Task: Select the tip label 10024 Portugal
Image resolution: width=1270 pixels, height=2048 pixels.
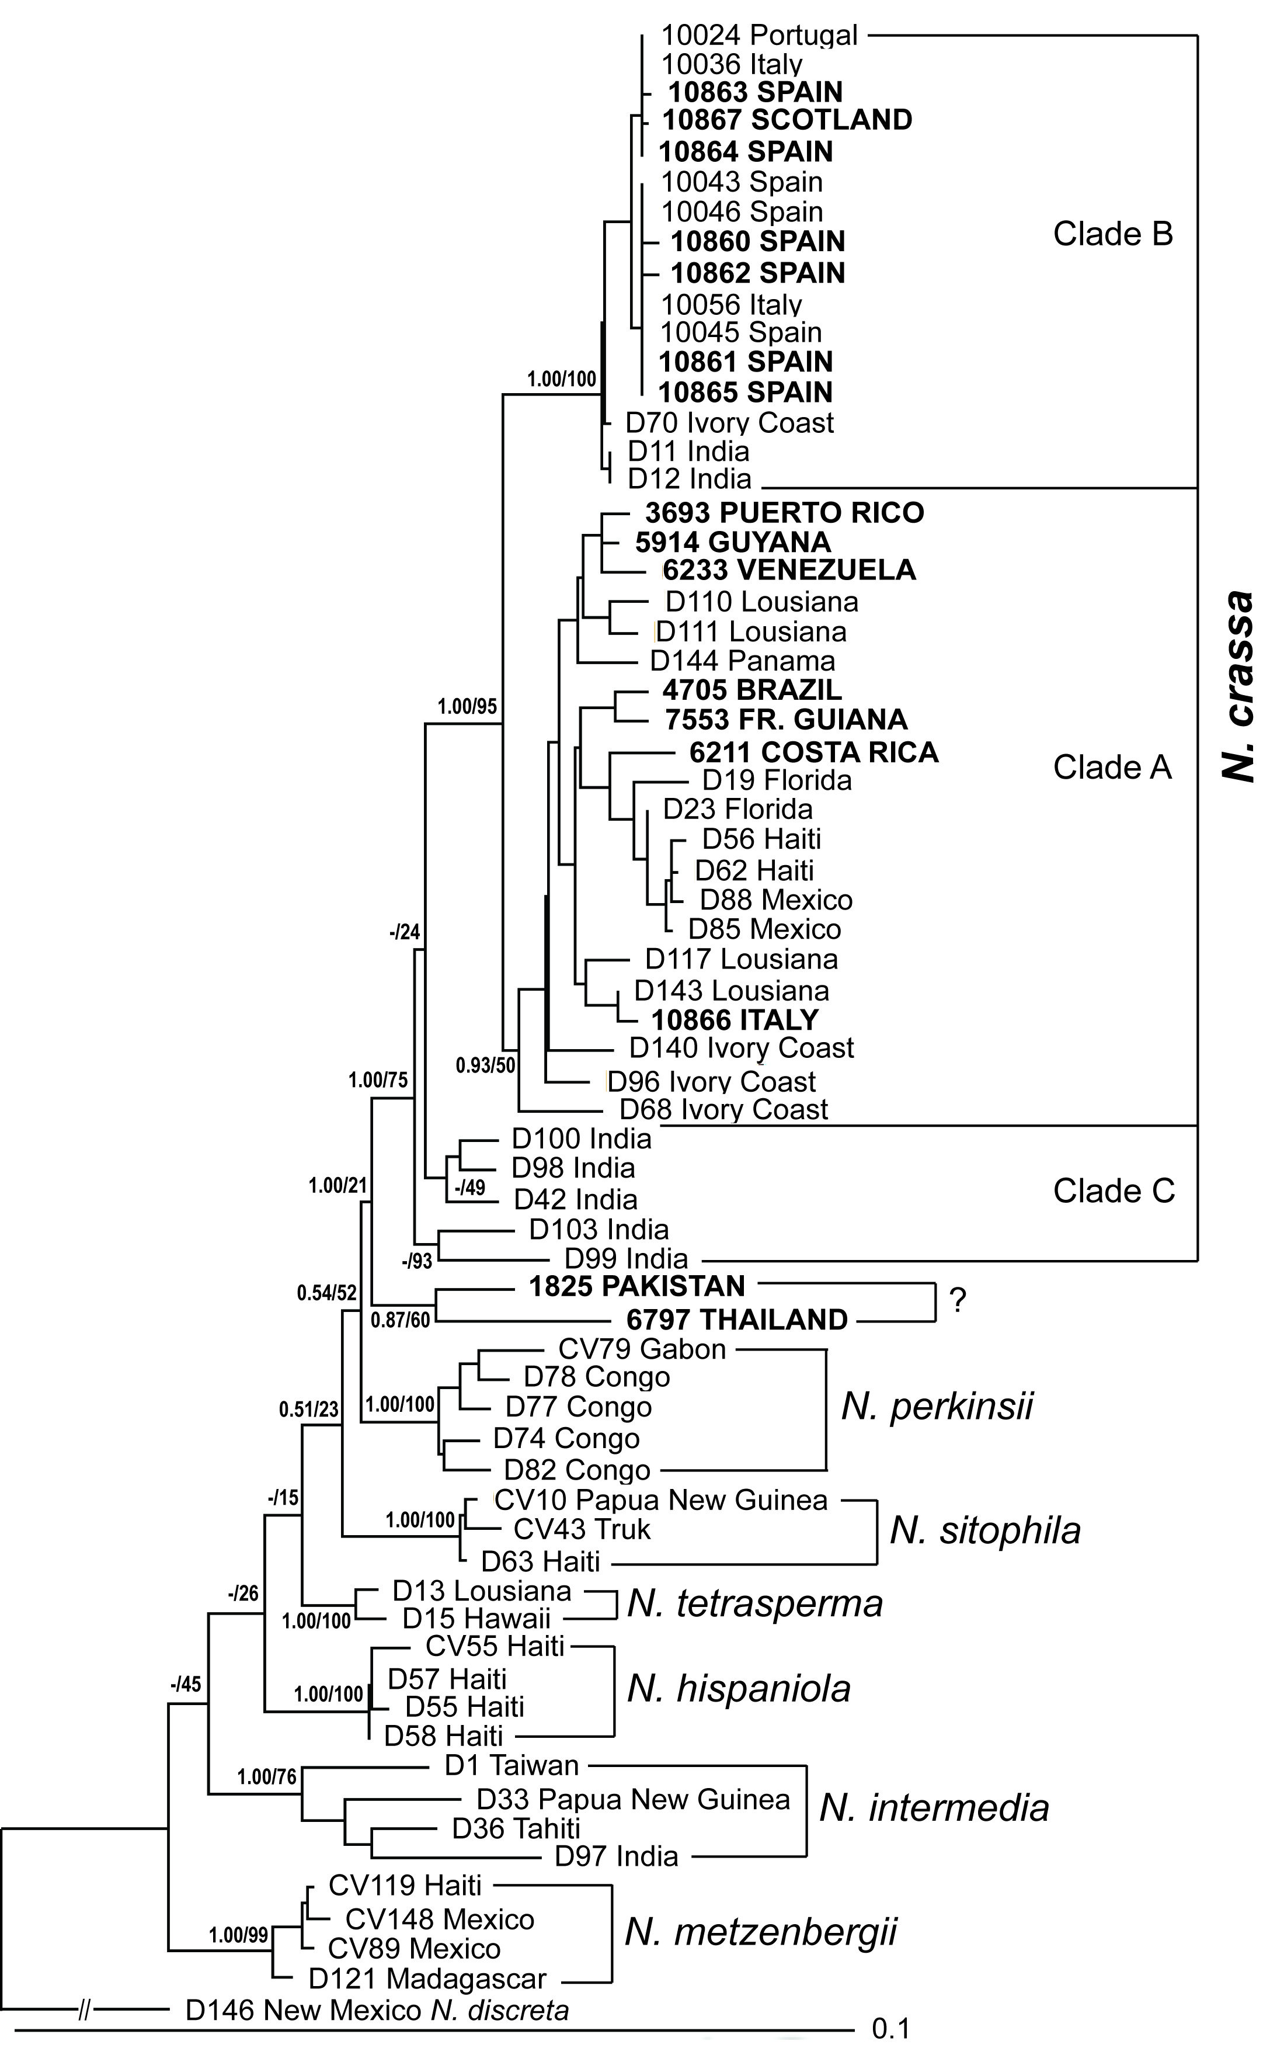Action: tap(759, 35)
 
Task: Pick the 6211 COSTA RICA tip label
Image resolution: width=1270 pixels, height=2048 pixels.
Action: tap(813, 752)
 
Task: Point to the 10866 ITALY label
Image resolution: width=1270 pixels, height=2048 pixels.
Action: tap(735, 1020)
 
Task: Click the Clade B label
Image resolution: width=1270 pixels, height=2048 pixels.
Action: tap(1113, 234)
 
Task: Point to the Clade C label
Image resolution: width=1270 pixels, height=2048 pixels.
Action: tap(1114, 1190)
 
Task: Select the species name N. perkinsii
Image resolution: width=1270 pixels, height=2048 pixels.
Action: tap(937, 1406)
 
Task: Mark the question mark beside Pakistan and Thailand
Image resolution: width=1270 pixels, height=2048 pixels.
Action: tap(958, 1301)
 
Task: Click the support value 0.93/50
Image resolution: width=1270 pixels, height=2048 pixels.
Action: tap(485, 1066)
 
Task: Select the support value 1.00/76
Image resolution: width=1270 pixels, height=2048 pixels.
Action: tap(266, 1777)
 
